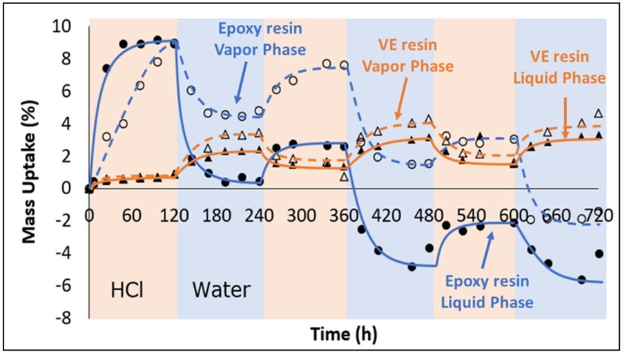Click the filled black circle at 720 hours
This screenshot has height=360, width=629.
[599, 254]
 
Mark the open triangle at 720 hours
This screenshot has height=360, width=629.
[599, 113]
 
